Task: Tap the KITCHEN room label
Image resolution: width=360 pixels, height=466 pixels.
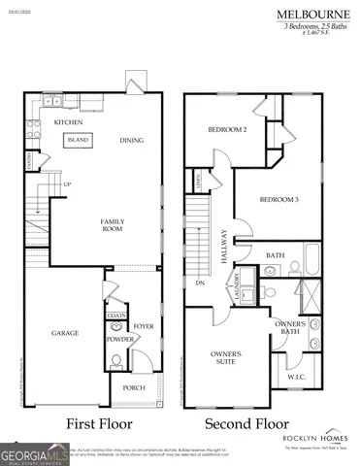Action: [x=68, y=122]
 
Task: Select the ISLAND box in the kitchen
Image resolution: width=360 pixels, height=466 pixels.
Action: [x=78, y=140]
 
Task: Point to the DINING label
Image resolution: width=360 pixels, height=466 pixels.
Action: [x=131, y=141]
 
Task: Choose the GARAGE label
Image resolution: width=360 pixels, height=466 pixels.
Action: [x=65, y=333]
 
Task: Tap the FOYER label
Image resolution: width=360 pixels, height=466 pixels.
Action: [x=144, y=326]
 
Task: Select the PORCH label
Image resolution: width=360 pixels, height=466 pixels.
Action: [x=133, y=387]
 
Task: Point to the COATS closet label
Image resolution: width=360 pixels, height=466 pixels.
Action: [x=116, y=316]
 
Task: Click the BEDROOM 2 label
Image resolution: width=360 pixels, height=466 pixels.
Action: [x=227, y=130]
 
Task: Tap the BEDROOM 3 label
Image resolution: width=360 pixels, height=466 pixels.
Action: [x=278, y=199]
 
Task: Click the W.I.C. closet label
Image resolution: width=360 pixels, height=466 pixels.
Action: [x=297, y=376]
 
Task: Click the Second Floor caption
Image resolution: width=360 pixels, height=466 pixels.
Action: [x=247, y=423]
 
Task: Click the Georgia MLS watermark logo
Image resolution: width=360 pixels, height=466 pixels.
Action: [x=35, y=453]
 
